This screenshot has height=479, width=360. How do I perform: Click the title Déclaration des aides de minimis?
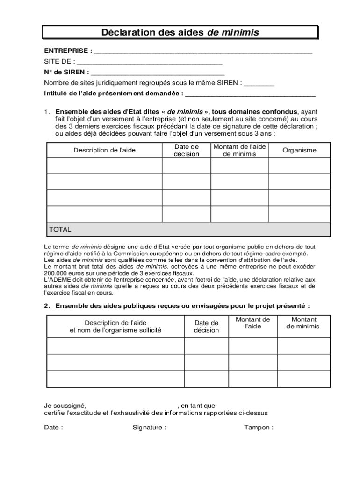coord(180,32)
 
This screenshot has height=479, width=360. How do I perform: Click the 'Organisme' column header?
coord(299,150)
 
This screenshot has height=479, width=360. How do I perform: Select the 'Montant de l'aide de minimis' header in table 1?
coord(239,150)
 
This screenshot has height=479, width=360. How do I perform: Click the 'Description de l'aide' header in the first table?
coord(104,150)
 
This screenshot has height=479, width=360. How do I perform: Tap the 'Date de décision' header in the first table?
coord(186,150)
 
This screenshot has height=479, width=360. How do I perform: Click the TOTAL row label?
coord(60,229)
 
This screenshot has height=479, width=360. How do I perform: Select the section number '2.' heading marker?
coord(47,306)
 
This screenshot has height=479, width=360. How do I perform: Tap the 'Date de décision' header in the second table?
coord(206,327)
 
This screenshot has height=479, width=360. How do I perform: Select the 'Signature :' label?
coord(149,427)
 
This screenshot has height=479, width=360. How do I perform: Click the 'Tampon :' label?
coord(259,427)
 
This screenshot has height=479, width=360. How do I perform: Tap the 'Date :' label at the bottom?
coord(53,427)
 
